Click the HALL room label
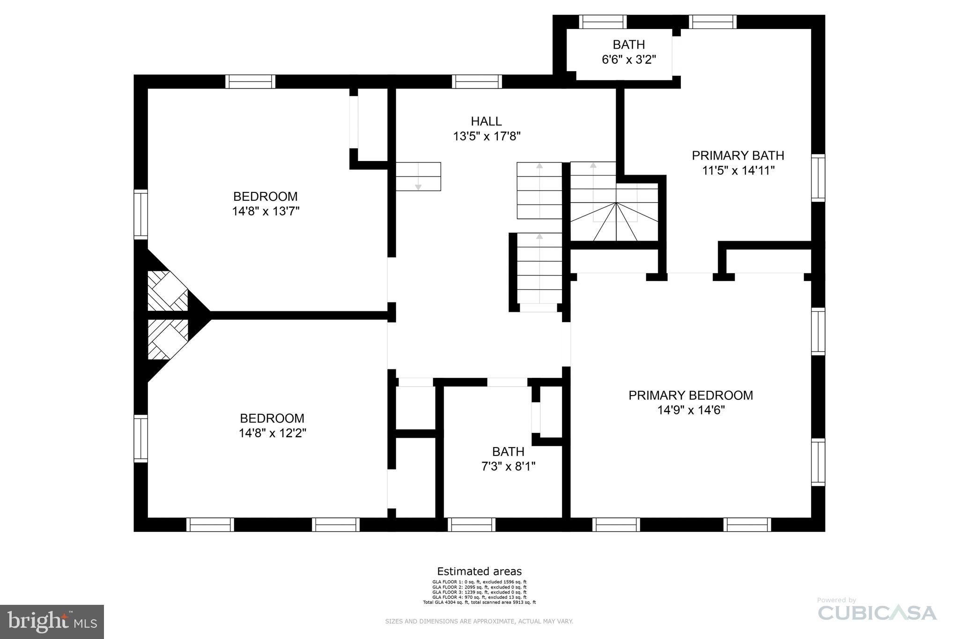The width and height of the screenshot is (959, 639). pyautogui.click(x=486, y=121)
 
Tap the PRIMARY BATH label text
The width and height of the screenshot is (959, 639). pyautogui.click(x=738, y=155)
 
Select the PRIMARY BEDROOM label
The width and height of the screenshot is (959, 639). pyautogui.click(x=690, y=395)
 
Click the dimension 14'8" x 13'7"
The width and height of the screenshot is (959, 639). pyautogui.click(x=266, y=211)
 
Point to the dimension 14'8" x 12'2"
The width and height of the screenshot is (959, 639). pyautogui.click(x=272, y=433)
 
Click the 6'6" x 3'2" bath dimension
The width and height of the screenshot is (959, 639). pyautogui.click(x=628, y=59)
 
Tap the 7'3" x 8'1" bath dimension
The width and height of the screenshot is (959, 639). pyautogui.click(x=508, y=466)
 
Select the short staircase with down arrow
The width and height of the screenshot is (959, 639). pyautogui.click(x=418, y=176)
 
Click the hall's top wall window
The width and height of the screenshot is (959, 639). pyautogui.click(x=477, y=81)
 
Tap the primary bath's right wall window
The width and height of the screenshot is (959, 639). pyautogui.click(x=818, y=178)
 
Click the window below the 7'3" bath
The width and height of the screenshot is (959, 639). pyautogui.click(x=471, y=524)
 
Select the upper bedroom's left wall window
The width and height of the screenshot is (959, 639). pyautogui.click(x=140, y=214)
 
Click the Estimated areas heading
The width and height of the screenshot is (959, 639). pyautogui.click(x=479, y=571)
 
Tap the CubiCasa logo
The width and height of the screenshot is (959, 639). pyautogui.click(x=877, y=612)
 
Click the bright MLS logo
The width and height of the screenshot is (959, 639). pyautogui.click(x=52, y=622)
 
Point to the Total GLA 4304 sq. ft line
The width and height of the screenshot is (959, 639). pyautogui.click(x=479, y=602)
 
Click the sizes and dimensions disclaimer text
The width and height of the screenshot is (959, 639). pyautogui.click(x=479, y=622)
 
